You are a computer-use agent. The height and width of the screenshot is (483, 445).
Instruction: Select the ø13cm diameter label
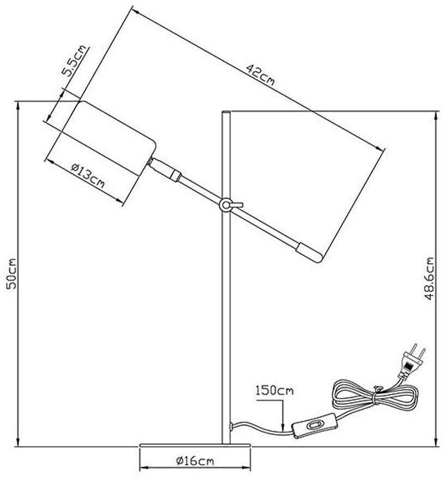coord(88,176)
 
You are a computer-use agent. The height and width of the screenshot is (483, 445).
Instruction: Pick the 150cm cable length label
coord(274,390)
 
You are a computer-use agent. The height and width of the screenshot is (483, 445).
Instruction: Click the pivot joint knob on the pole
coord(226,204)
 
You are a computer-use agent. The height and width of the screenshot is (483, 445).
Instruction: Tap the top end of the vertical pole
coord(226,113)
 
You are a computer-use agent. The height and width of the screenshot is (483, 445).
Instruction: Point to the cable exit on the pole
coord(233,426)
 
